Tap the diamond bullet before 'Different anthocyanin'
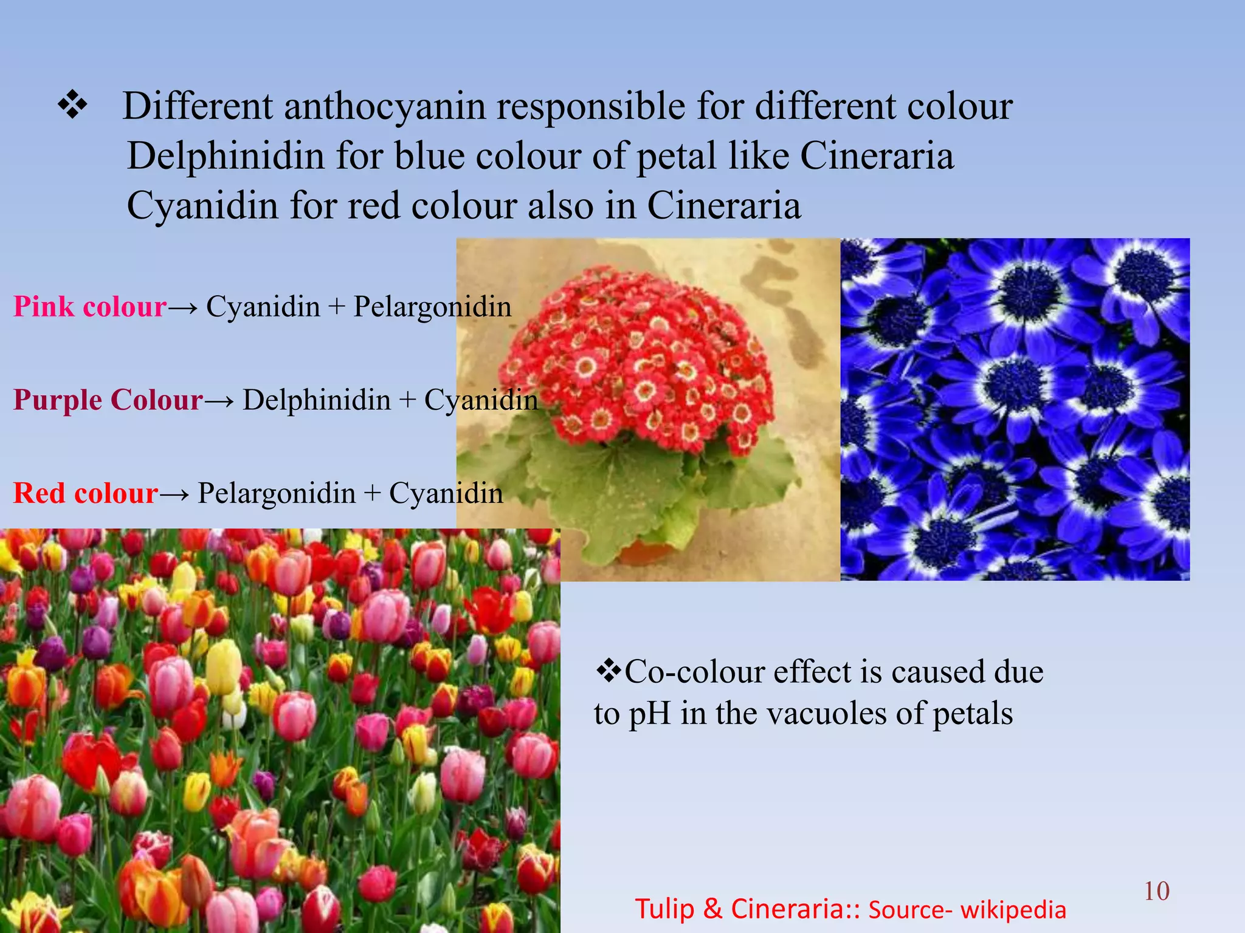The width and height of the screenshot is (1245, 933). pos(72,105)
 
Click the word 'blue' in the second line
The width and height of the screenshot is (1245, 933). pos(429,156)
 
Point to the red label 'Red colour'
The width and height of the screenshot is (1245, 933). pos(86,493)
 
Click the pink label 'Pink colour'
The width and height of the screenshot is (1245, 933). pos(90,307)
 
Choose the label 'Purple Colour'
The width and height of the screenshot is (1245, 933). pos(108,400)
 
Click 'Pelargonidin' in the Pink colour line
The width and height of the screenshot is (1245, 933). pos(432,307)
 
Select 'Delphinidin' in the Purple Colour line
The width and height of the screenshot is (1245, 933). pos(316,400)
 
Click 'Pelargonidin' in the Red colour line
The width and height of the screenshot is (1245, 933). pos(277,493)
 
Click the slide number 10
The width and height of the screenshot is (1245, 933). pos(1156,891)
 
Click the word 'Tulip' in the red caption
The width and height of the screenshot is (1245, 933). pos(664,909)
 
